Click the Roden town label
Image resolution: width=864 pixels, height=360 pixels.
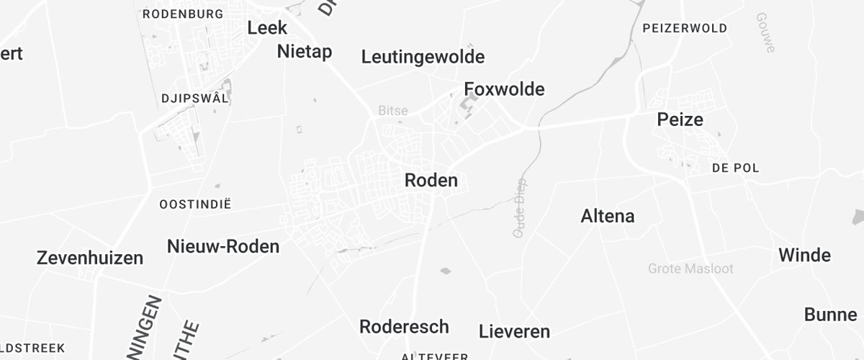tap(431, 180)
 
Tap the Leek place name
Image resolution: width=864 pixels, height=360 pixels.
tap(267, 28)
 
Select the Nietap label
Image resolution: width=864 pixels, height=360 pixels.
tap(305, 51)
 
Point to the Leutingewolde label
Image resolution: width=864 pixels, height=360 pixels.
tap(423, 57)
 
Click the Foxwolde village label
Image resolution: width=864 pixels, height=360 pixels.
tap(504, 89)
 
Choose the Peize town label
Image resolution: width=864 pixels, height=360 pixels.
tap(680, 120)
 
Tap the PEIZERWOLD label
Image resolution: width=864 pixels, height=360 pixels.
tap(684, 29)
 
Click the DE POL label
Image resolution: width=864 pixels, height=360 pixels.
tap(735, 168)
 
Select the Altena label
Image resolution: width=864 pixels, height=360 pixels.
tap(608, 216)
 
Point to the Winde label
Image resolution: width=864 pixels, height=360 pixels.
tap(804, 256)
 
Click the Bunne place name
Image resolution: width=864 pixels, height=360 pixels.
tap(830, 315)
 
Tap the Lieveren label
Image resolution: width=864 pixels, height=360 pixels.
tap(514, 332)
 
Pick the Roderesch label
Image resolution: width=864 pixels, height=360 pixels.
tap(404, 326)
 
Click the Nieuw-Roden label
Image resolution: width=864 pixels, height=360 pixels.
tap(223, 246)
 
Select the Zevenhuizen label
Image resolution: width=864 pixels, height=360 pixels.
tap(90, 258)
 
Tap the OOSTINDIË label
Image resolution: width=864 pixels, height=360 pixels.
tap(195, 204)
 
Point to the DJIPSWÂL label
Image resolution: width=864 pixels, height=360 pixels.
tap(195, 99)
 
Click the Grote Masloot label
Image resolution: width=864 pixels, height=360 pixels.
tap(690, 269)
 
